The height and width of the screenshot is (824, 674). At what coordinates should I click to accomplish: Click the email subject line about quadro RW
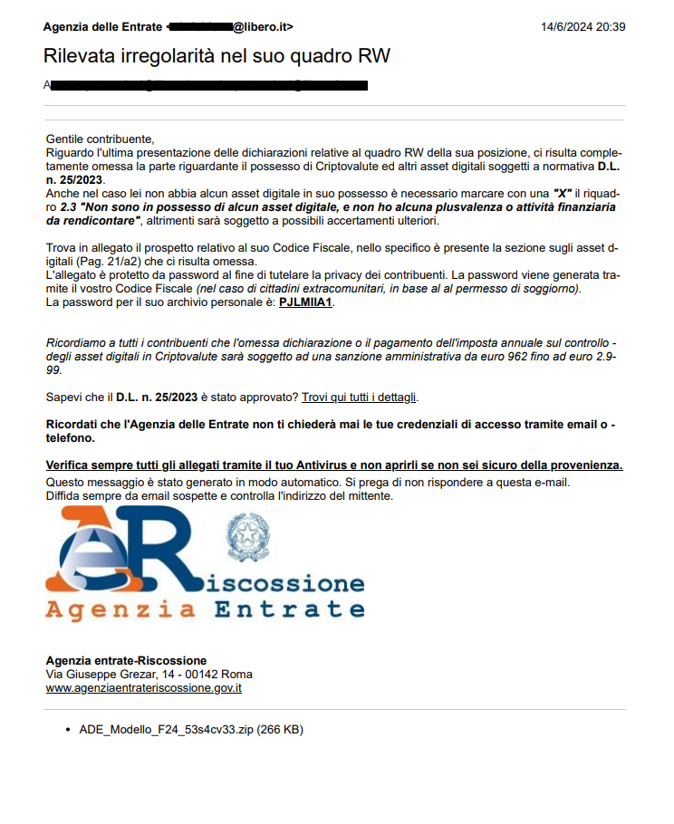point(217,55)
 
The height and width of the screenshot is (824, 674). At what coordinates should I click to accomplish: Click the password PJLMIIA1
point(306,302)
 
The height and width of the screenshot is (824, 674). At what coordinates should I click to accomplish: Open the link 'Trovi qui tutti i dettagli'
point(360,397)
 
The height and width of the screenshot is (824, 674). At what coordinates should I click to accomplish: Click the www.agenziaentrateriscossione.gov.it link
point(143,688)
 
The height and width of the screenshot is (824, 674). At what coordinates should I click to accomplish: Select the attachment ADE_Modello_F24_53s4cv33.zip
point(191,729)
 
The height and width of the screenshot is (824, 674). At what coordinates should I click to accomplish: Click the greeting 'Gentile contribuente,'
point(100,139)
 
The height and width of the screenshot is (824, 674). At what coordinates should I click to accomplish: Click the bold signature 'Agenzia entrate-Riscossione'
point(126,660)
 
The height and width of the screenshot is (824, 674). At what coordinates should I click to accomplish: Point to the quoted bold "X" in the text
point(566,194)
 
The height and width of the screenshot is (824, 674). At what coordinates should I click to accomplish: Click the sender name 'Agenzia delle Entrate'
point(103,26)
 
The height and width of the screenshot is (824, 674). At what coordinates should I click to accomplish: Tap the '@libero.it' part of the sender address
point(263,26)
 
